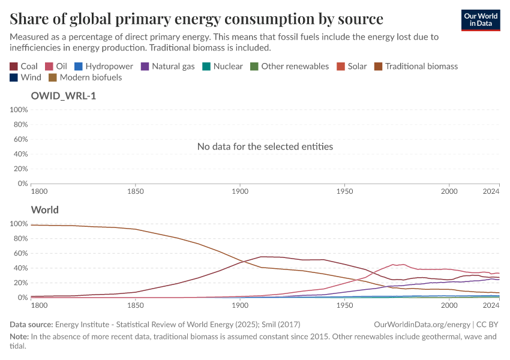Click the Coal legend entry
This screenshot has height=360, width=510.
[24, 66]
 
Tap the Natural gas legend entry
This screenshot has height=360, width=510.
[167, 66]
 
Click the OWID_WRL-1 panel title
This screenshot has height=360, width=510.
[64, 95]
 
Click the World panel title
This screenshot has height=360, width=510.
[45, 210]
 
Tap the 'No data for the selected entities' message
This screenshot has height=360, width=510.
[265, 146]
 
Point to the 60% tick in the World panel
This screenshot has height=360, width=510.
[19, 253]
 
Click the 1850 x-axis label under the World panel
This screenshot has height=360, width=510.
[136, 305]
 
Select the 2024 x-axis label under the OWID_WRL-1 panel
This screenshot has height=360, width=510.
[491, 191]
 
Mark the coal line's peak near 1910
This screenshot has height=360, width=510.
[262, 257]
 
